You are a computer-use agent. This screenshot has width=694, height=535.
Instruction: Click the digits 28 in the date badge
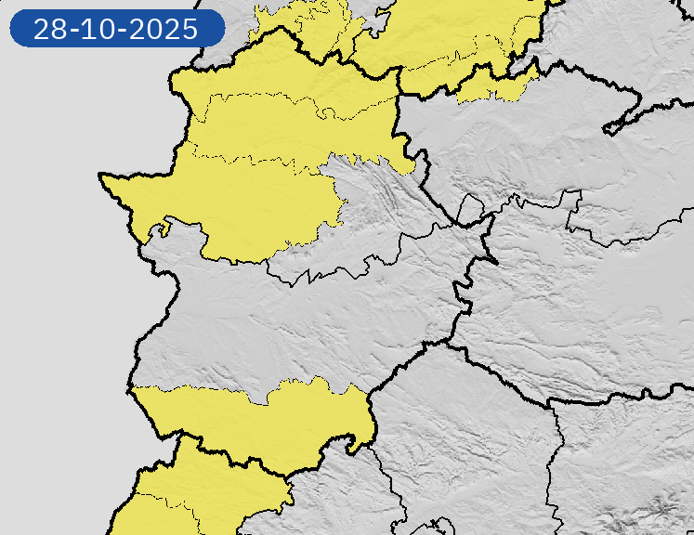click(x=51, y=29)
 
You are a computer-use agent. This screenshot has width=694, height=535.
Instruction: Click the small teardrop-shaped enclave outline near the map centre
click(x=470, y=211)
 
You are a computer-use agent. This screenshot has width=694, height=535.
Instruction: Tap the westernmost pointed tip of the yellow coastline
click(x=102, y=175)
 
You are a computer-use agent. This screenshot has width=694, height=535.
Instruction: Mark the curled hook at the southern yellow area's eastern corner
click(x=357, y=445)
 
